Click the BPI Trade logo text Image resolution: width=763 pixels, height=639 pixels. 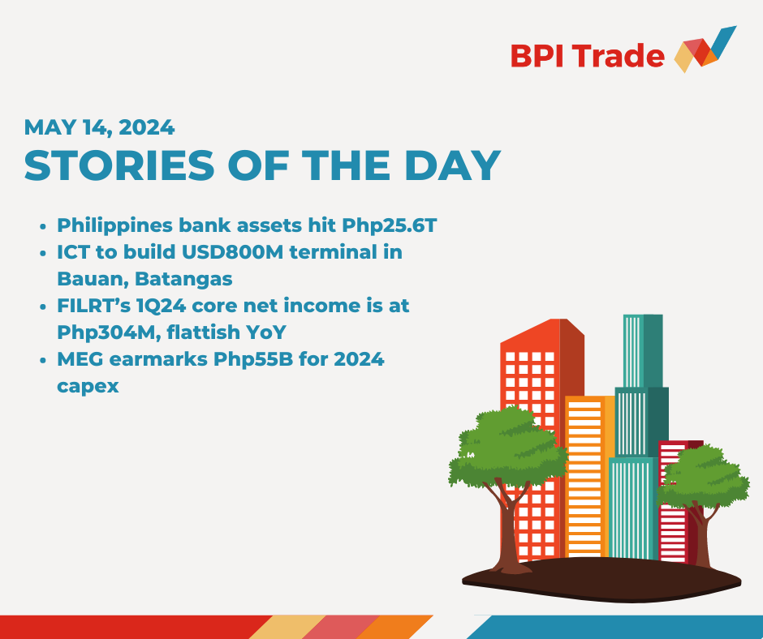coord(587,56)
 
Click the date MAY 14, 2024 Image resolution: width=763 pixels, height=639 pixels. coord(99,127)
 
